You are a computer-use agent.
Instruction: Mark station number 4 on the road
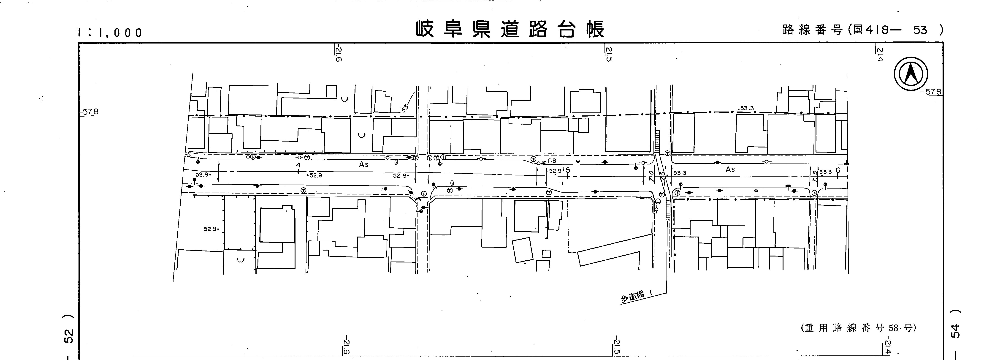coord(298,165)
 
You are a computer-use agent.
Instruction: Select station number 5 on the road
coord(568,170)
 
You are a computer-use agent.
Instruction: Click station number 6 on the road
coord(838,171)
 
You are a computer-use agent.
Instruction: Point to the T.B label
coord(552,161)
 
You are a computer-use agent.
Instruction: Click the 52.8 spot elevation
coord(210,229)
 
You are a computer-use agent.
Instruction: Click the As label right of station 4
coord(364,164)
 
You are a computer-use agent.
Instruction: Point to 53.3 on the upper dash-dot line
coord(747,109)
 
